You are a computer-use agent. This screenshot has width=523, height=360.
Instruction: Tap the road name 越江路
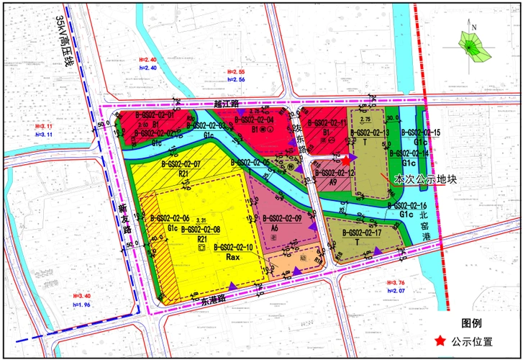(225, 104)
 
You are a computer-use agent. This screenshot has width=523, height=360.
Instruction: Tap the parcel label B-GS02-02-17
(362, 233)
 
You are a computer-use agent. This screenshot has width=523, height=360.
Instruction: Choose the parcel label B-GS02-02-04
(254, 120)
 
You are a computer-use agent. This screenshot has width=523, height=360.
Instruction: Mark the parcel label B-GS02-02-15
(420, 133)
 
